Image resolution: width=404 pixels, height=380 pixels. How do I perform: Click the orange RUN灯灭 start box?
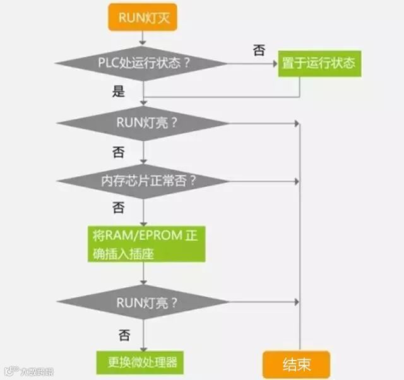click(x=143, y=17)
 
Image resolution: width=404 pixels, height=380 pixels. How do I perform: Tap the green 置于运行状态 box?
click(x=319, y=63)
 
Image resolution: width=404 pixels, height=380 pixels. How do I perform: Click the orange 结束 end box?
click(x=296, y=364)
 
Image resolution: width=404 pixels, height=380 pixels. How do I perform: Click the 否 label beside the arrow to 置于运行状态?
click(x=259, y=51)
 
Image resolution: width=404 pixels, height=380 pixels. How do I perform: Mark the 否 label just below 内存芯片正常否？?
click(x=118, y=208)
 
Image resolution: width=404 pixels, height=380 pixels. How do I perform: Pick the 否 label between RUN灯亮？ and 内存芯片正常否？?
click(x=118, y=152)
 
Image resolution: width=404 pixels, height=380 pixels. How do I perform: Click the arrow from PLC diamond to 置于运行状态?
click(x=252, y=63)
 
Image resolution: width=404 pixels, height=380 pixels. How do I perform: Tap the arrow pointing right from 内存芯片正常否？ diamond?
click(x=265, y=181)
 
